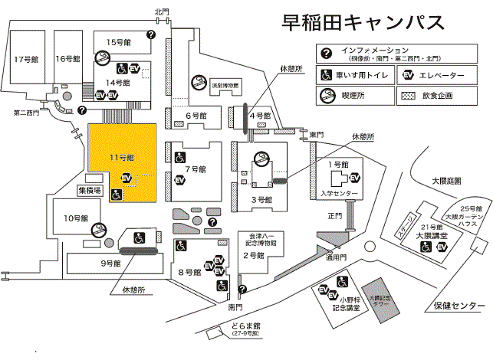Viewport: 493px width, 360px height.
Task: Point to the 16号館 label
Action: click(x=67, y=58)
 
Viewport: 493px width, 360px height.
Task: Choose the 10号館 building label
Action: click(x=77, y=218)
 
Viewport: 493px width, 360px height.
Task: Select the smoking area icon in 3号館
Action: click(x=262, y=161)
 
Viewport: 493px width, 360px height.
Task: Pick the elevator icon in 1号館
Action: click(x=354, y=178)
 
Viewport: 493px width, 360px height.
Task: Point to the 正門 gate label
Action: click(x=334, y=216)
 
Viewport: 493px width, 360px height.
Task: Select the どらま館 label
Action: click(x=245, y=326)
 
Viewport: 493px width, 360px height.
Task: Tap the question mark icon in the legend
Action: click(x=327, y=52)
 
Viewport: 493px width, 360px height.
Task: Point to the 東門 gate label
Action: click(x=316, y=135)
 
